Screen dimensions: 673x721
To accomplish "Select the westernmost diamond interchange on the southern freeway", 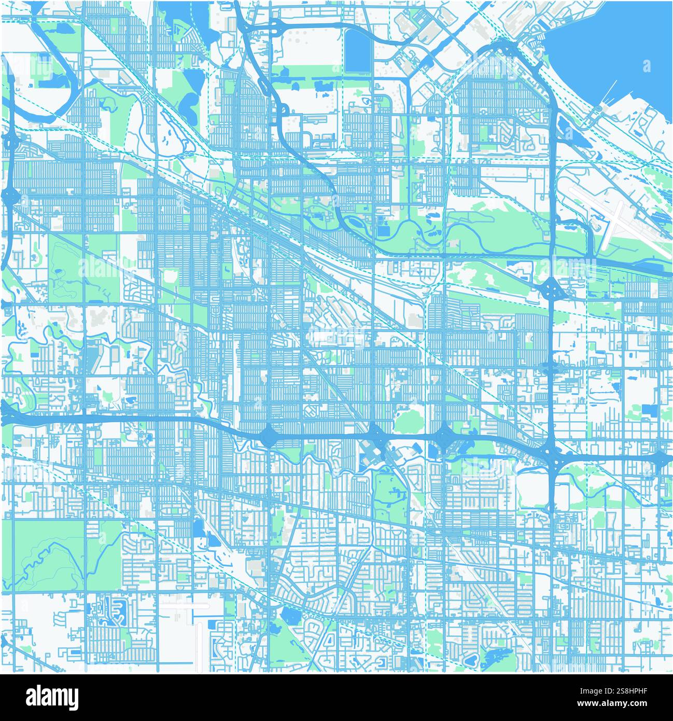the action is (268, 436).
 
